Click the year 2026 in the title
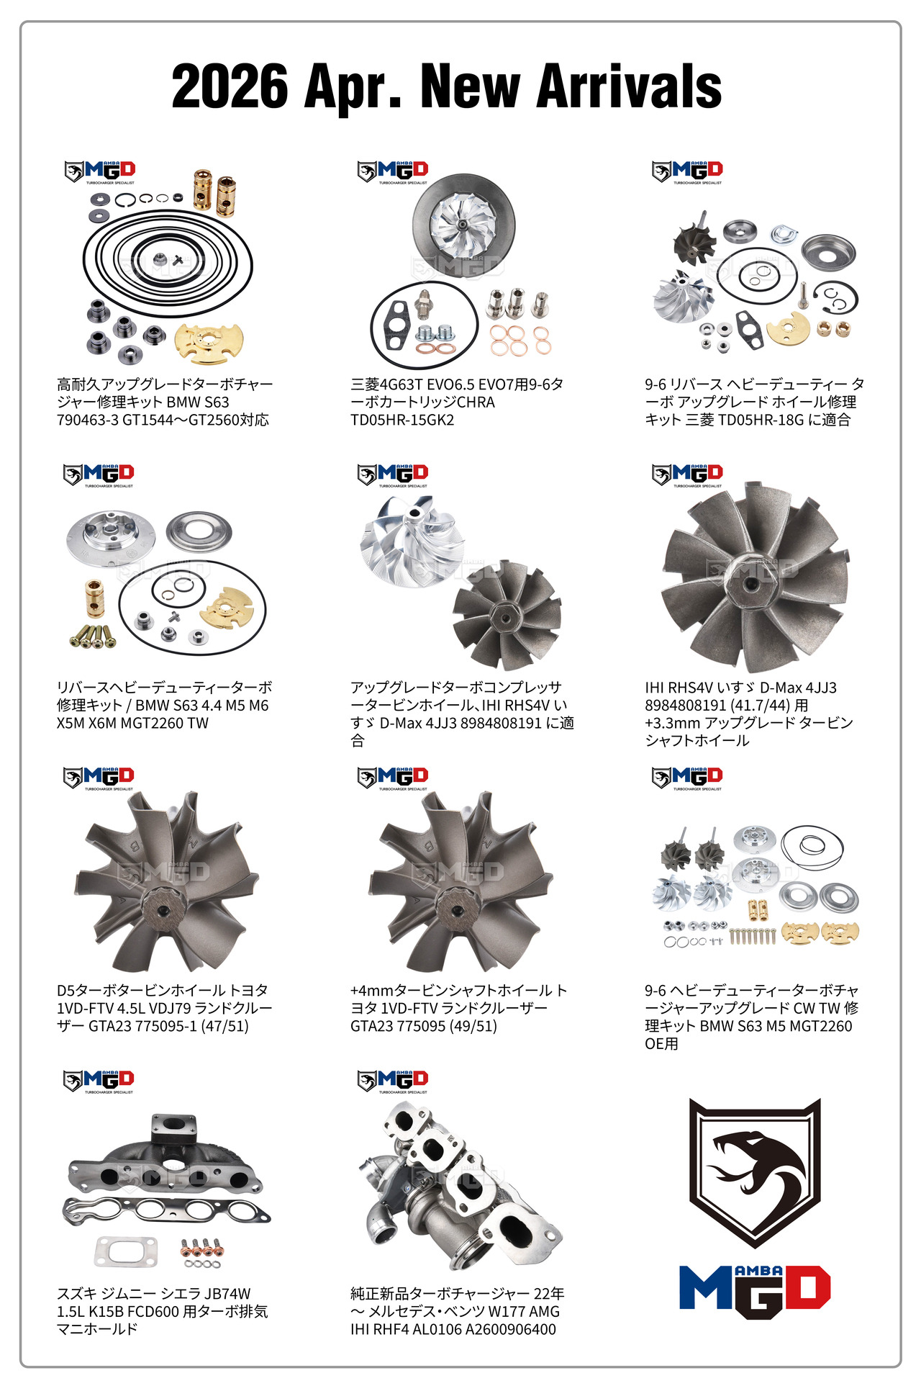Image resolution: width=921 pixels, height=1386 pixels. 230,86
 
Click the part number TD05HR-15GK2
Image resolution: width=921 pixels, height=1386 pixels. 402,420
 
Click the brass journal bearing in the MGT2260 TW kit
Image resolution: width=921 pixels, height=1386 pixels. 94,598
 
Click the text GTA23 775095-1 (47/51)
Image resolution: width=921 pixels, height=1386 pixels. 168,1026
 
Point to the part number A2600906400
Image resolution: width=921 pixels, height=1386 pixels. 511,1329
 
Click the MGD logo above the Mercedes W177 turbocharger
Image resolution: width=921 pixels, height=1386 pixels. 393,1081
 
